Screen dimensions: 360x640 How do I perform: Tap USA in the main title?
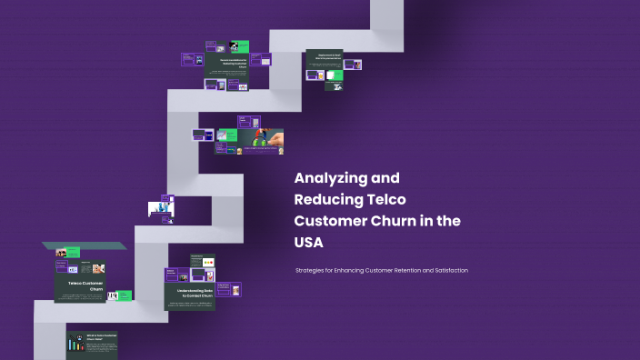[308, 243]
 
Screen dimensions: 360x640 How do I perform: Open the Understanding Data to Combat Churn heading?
[190, 294]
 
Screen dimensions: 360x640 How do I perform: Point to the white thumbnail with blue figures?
[161, 209]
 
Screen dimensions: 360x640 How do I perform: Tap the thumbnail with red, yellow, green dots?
[207, 264]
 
